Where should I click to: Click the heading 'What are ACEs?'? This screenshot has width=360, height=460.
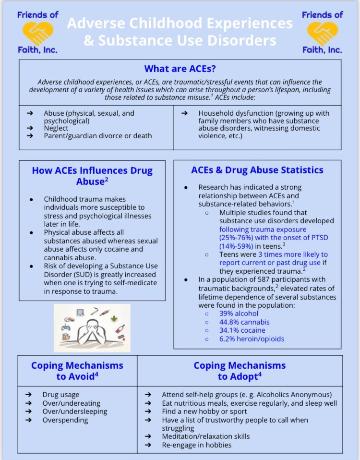point(180,69)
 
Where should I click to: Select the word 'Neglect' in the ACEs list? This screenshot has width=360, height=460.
point(56,128)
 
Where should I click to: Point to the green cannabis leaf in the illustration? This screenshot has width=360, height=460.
point(114,319)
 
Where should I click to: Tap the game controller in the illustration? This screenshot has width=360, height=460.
point(66,327)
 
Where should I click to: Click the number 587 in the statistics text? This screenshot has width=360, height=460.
point(264,279)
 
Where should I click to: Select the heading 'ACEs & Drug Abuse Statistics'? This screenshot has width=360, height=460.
point(257,170)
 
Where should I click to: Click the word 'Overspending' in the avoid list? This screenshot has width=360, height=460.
point(66,420)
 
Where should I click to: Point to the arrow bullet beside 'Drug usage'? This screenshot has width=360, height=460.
point(29,395)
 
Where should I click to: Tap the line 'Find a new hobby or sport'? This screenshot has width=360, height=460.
point(204,412)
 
